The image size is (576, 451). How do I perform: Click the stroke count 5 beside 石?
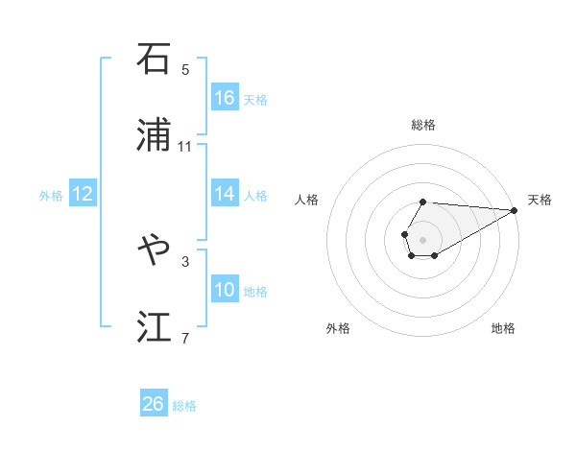tap(185, 70)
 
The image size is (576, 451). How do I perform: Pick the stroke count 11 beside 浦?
tap(185, 147)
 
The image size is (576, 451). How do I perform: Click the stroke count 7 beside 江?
tap(185, 338)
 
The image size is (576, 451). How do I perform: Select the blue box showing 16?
tap(225, 98)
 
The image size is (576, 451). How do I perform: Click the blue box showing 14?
tap(225, 194)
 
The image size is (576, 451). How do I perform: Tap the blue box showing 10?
tap(225, 290)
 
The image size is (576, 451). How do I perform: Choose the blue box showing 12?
tap(83, 194)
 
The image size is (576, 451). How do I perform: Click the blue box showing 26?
tap(154, 404)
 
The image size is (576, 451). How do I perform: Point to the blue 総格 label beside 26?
tap(184, 406)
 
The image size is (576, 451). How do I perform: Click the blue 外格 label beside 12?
tap(51, 196)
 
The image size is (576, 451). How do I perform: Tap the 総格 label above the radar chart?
tap(423, 125)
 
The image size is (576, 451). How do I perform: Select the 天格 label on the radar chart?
tap(540, 200)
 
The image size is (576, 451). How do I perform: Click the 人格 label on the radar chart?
tap(307, 200)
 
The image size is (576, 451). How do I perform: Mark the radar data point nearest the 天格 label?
tap(515, 210)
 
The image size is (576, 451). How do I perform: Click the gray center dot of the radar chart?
tap(422, 238)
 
